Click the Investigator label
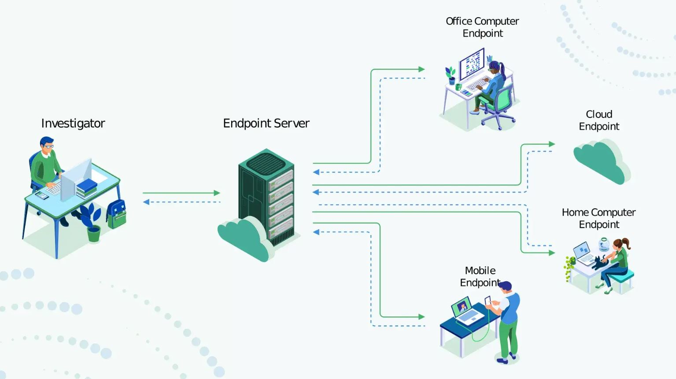(73, 124)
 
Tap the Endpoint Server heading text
(266, 124)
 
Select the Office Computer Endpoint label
(482, 27)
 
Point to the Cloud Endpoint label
(599, 120)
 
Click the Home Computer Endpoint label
(598, 218)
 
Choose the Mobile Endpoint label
(480, 276)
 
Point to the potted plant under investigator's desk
(92, 222)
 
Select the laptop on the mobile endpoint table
(465, 311)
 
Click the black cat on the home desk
(600, 263)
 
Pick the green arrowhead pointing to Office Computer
(421, 70)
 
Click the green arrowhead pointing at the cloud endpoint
(552, 144)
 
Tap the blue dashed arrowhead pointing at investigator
(146, 202)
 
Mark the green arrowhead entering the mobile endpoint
(421, 316)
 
